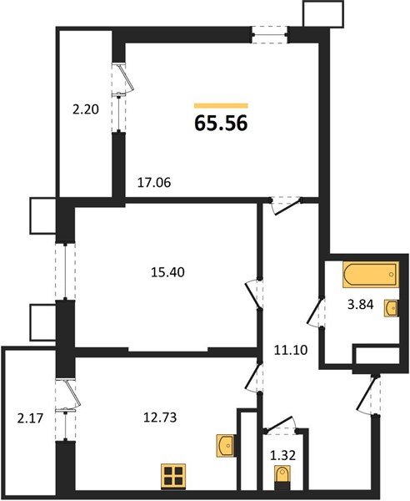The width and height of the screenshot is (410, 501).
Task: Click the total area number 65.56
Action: coord(221,124)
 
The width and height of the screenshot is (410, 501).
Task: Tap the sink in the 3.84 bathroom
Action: coord(390,308)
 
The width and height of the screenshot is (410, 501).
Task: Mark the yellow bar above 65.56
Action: coord(221,105)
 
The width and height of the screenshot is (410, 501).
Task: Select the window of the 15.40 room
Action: coord(63,271)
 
